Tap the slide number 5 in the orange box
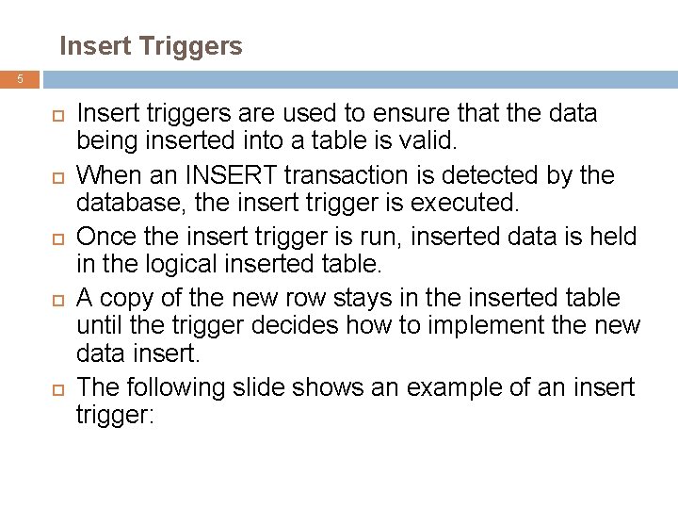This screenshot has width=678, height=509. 20,79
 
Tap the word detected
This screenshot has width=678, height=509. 502,175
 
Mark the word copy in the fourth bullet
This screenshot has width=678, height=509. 126,298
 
